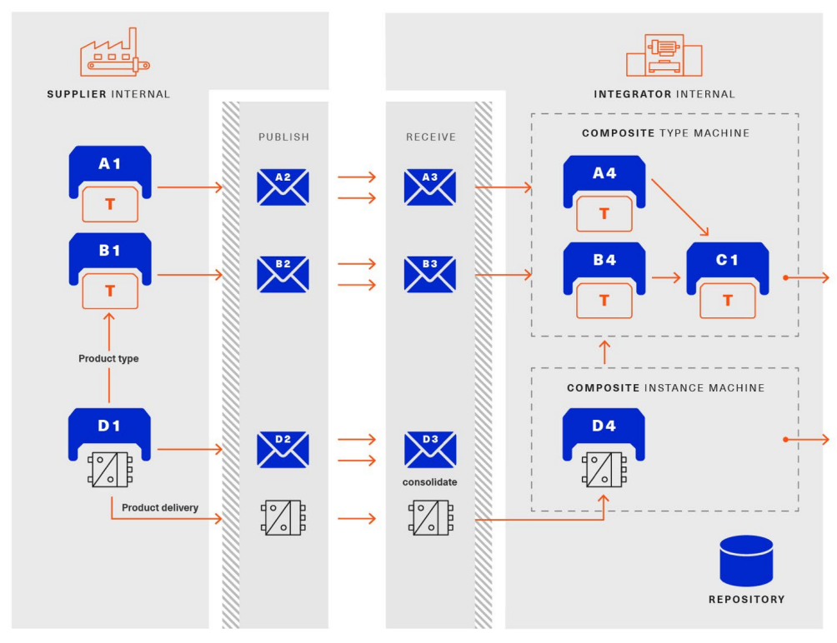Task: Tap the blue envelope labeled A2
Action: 283,187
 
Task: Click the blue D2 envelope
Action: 283,449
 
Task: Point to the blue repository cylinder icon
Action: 746,561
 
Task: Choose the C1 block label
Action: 727,259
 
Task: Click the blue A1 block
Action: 110,167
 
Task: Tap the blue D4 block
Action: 604,427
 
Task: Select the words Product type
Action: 108,359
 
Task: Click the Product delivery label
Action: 160,507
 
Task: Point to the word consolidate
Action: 429,481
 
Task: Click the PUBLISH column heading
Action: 283,136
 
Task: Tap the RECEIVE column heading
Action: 429,136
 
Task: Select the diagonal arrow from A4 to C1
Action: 680,207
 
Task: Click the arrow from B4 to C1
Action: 665,277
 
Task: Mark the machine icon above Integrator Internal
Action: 664,56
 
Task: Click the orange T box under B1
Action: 110,291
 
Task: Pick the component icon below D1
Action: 110,469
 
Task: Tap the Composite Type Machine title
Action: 665,133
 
